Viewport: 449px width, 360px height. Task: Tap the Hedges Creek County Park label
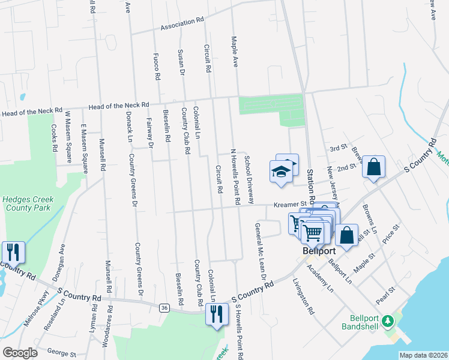[28, 204]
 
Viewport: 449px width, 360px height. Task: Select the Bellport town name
[318, 251]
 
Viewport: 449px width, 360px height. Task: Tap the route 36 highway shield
[164, 308]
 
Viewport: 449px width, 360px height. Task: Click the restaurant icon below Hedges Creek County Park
[13, 252]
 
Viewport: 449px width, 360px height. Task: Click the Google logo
[20, 353]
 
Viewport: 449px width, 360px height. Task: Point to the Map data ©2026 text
[423, 355]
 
